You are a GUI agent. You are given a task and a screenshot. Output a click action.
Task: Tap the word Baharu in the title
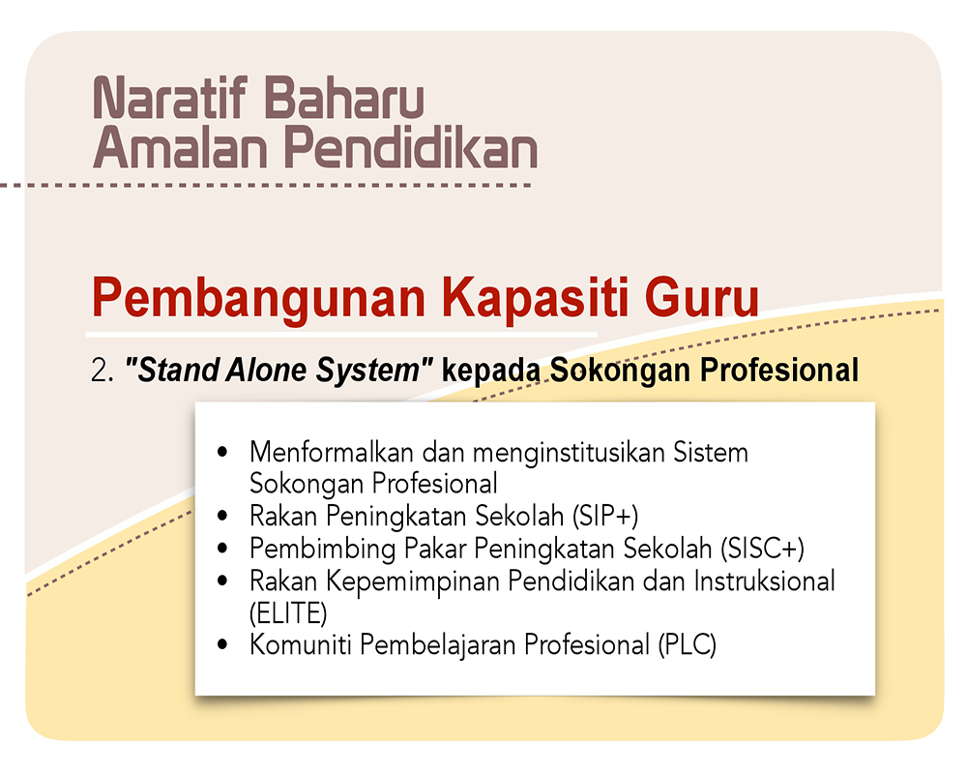click(x=344, y=98)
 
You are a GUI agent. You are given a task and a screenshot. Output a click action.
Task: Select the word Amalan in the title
click(x=180, y=147)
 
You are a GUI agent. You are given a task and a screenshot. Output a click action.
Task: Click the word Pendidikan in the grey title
click(x=410, y=147)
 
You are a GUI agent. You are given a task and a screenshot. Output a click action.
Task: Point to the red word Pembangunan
click(x=258, y=299)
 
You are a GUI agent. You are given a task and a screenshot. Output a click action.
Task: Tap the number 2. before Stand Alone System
click(x=103, y=371)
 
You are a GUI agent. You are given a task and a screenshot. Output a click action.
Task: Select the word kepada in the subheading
click(x=491, y=371)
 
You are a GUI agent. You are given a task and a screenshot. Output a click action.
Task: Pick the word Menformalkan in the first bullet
click(x=331, y=453)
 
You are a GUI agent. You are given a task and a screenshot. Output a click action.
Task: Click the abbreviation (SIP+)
click(x=605, y=516)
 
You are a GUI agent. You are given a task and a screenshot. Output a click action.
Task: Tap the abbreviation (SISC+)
click(x=762, y=549)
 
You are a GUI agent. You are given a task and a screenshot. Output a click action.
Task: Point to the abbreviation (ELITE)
click(x=288, y=612)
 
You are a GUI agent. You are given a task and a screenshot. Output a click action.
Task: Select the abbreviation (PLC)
click(x=687, y=645)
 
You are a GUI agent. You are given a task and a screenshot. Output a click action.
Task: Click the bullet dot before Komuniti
click(x=222, y=645)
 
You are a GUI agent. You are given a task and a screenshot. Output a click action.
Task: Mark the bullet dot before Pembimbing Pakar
click(x=222, y=549)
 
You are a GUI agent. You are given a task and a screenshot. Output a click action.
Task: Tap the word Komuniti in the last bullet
click(x=301, y=645)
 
